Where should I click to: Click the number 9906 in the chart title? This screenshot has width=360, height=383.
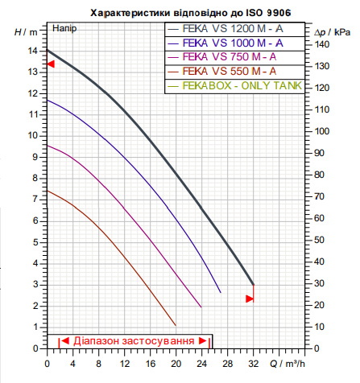point(279,13)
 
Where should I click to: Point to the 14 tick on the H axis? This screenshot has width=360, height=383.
point(33,51)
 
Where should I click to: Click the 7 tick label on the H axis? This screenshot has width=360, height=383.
point(35,200)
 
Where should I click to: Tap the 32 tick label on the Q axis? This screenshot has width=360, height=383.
point(253,364)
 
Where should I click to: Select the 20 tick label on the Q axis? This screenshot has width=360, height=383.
point(176,364)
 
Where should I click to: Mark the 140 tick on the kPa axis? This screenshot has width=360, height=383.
point(321,44)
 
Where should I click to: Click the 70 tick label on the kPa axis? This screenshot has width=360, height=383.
point(319,196)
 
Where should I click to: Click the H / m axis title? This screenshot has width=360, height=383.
point(26,32)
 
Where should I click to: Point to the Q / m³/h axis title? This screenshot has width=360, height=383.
point(288,364)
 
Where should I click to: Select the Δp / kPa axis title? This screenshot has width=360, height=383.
point(333,32)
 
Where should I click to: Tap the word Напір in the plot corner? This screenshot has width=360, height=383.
point(64,28)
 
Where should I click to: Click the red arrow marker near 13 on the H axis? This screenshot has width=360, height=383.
point(51,64)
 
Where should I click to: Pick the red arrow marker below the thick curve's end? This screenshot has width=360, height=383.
point(250,299)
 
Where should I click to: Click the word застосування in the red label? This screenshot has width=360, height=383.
point(158,341)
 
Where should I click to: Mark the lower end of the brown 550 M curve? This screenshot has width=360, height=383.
point(176,325)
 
